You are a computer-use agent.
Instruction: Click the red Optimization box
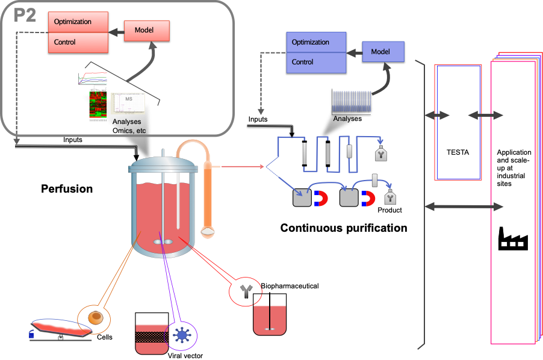click(x=78, y=22)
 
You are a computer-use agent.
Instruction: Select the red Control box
click(x=78, y=42)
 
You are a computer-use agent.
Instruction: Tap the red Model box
click(x=147, y=30)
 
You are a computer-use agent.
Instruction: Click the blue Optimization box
click(x=316, y=42)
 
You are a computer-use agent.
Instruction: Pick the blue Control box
click(x=316, y=62)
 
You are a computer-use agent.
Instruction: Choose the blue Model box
click(x=383, y=52)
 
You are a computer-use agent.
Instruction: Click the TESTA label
click(x=459, y=152)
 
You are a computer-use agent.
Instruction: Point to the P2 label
click(x=25, y=16)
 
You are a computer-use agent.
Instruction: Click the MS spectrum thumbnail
click(x=128, y=104)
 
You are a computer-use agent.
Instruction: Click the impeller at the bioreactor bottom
click(x=161, y=242)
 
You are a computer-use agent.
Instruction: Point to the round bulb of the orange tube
click(x=208, y=231)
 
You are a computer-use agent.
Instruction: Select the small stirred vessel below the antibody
click(x=269, y=320)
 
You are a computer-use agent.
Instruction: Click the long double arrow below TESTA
click(x=464, y=206)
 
